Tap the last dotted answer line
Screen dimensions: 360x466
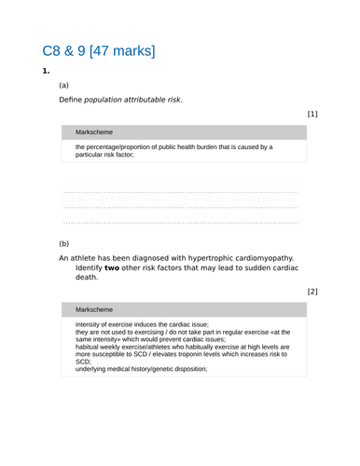coord(180,223)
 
